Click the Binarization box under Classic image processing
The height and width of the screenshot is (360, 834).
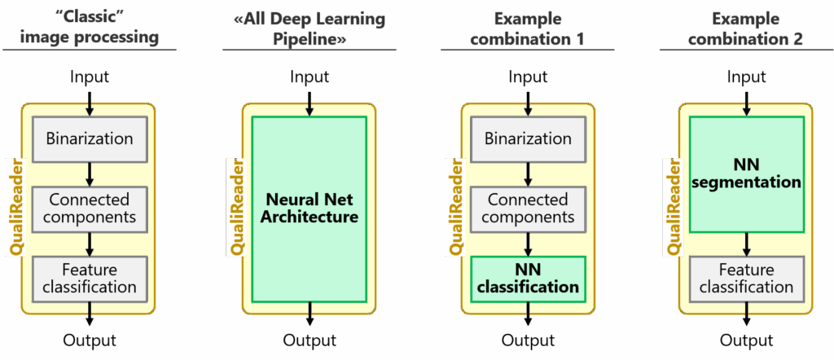click(90, 138)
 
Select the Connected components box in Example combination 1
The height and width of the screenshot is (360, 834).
click(528, 209)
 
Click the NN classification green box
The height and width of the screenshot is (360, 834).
click(528, 278)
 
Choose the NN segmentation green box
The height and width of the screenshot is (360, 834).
click(746, 173)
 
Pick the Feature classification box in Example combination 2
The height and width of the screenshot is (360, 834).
click(746, 278)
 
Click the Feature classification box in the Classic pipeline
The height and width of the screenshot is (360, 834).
click(90, 278)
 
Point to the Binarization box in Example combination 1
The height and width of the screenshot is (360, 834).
click(528, 138)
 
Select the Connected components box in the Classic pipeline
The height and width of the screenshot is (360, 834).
click(90, 209)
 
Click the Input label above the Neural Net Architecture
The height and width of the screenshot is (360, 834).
click(309, 77)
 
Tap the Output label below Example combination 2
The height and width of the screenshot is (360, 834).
click(746, 340)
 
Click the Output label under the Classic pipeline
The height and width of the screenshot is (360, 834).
click(90, 340)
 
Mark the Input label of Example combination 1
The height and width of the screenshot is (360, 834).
click(528, 77)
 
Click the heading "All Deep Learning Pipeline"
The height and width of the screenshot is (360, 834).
click(309, 29)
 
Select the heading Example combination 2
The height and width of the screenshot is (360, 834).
click(746, 29)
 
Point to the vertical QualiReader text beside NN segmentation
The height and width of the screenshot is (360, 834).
click(673, 207)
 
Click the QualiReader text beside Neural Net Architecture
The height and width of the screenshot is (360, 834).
click(235, 207)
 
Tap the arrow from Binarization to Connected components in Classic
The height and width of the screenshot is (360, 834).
click(90, 173)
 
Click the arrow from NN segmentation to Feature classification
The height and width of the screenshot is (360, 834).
click(746, 244)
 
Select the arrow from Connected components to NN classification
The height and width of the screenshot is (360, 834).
click(528, 244)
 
